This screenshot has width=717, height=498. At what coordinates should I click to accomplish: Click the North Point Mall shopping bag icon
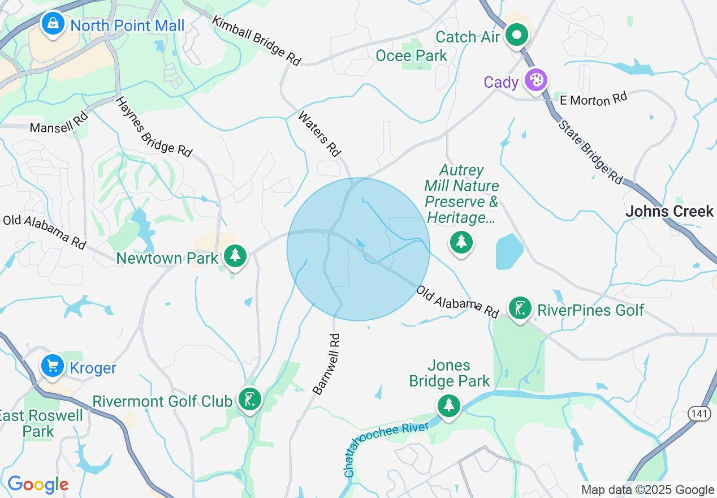[53, 24]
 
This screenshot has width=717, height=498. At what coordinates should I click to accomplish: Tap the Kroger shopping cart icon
[53, 367]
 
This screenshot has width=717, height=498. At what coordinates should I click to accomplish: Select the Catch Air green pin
[516, 36]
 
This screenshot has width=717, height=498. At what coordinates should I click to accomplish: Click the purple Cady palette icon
[534, 81]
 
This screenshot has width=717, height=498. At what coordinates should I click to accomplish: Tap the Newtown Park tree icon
[235, 257]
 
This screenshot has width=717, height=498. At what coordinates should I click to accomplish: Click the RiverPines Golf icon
[520, 309]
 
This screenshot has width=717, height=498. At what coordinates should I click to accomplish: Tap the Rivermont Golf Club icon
[249, 400]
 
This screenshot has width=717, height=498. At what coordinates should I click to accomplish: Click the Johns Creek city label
[670, 212]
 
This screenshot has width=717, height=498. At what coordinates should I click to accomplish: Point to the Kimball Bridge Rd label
[257, 40]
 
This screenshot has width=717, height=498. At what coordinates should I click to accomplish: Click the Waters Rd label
[320, 134]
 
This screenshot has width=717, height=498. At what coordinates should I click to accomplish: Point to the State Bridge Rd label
[590, 152]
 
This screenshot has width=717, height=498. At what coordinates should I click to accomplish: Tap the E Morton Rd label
[593, 100]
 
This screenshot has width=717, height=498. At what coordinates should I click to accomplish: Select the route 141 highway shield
[699, 414]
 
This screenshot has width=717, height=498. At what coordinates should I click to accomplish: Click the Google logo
[38, 484]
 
